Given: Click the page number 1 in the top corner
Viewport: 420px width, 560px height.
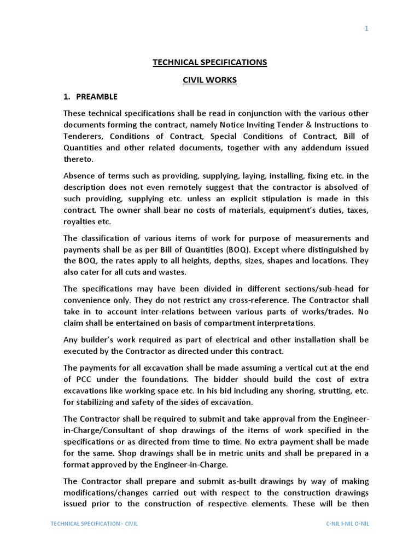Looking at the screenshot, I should point(367,28).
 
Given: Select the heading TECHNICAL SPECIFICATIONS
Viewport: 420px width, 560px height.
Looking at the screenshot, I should point(210,62).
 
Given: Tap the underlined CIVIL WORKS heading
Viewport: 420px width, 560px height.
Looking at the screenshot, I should point(210,80).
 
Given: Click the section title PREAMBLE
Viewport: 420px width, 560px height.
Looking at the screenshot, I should point(97,97).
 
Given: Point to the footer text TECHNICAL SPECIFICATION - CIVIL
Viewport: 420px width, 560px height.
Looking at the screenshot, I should point(94,523).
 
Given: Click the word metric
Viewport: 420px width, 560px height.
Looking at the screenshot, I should point(208,453).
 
